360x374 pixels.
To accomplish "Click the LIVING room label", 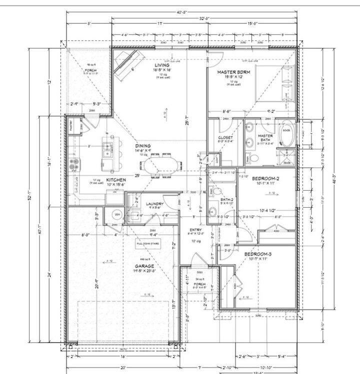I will coord(161,65).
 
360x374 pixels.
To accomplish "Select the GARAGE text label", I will coord(144,266).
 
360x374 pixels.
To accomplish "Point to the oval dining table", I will coord(166,164).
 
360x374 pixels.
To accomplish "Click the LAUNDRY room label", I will coord(155,204).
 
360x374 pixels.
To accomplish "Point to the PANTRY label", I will coord(74,127).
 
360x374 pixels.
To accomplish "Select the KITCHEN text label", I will coord(115,179).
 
